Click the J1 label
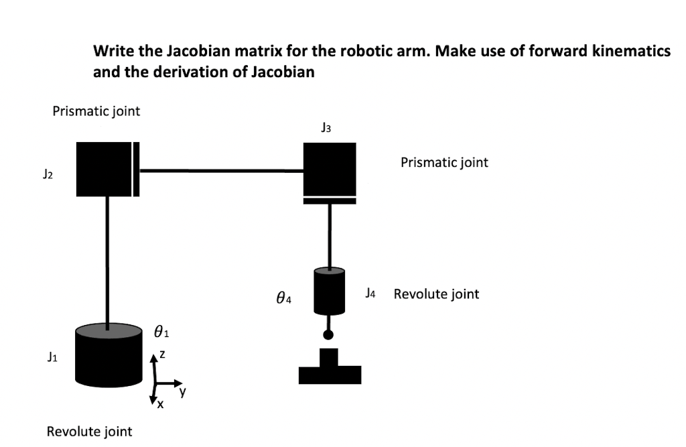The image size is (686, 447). coord(51,359)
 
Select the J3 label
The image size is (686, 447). coord(326,127)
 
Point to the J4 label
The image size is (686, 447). coord(372,293)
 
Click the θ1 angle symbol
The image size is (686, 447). coord(161,331)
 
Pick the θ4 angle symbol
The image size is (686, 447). coord(283,296)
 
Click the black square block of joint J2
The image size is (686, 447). coord(104,169)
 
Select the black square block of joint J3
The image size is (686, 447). coord(329,168)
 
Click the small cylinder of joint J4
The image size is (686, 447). coord(329,290)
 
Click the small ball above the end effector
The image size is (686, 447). coord(328,334)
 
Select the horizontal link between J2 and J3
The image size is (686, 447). coord(221,170)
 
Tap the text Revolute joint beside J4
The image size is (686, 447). coord(436,294)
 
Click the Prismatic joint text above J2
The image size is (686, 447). coord(96,111)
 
